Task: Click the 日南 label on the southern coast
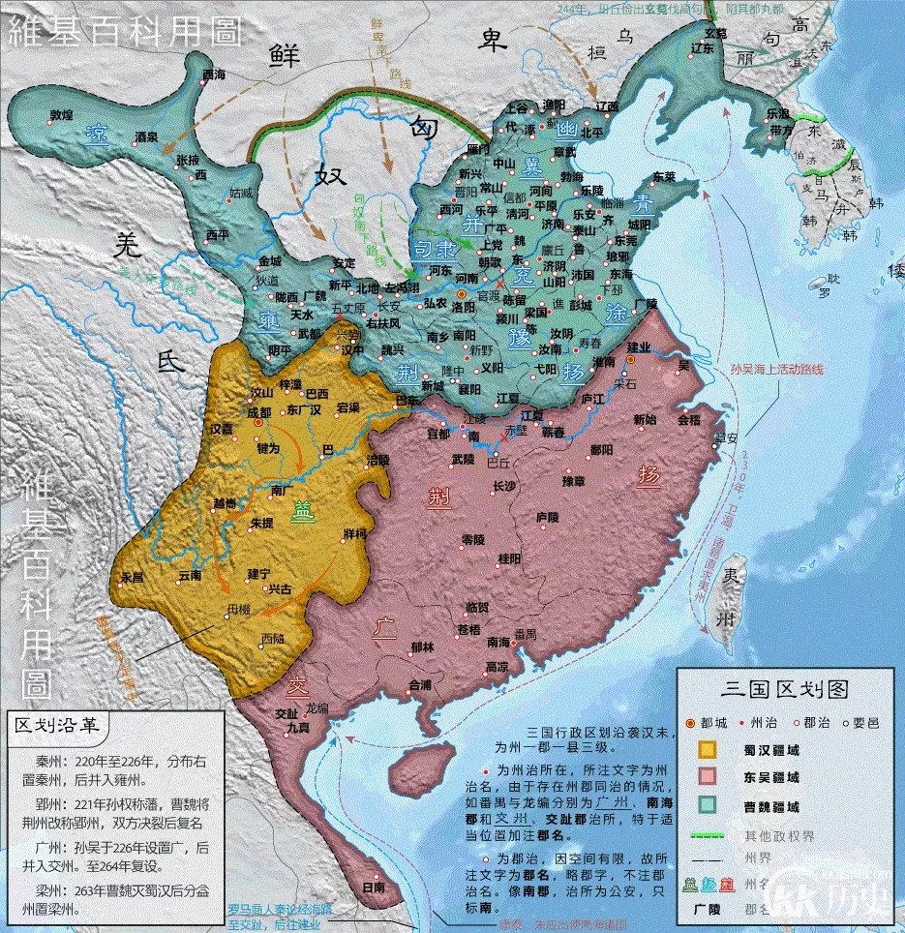click(372, 887)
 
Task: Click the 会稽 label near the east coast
click(688, 421)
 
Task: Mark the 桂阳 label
click(509, 558)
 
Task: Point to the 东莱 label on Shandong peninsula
click(663, 177)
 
